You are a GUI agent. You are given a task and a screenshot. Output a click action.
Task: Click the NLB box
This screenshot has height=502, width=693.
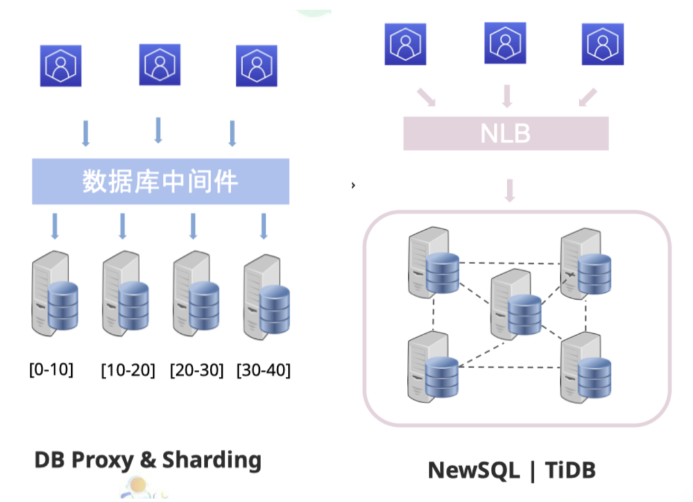click(506, 133)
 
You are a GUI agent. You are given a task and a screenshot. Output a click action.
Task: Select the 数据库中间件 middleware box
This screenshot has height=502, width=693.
click(160, 182)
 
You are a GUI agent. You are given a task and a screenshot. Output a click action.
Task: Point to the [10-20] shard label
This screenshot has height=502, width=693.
click(128, 370)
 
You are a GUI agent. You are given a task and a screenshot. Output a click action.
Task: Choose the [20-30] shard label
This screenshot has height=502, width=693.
click(196, 370)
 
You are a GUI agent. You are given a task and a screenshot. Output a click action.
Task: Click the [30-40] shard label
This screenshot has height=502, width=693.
click(263, 370)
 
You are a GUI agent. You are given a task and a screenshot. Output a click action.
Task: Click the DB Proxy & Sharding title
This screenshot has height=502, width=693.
click(148, 460)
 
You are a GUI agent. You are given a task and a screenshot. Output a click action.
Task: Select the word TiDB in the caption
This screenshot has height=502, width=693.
click(570, 470)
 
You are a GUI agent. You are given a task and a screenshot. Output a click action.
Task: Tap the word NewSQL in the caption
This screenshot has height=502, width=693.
click(474, 470)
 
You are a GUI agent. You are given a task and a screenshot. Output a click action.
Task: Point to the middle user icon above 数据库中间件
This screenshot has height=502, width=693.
click(160, 65)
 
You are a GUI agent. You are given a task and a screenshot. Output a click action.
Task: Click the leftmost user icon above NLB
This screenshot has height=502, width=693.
click(406, 44)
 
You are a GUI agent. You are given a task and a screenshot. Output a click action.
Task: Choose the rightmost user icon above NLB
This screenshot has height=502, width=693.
click(603, 44)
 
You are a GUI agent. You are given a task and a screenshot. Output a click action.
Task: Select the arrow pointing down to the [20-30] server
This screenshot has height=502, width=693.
click(193, 226)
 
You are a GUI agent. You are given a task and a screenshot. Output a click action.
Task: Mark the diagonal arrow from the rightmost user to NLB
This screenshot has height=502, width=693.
click(587, 98)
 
